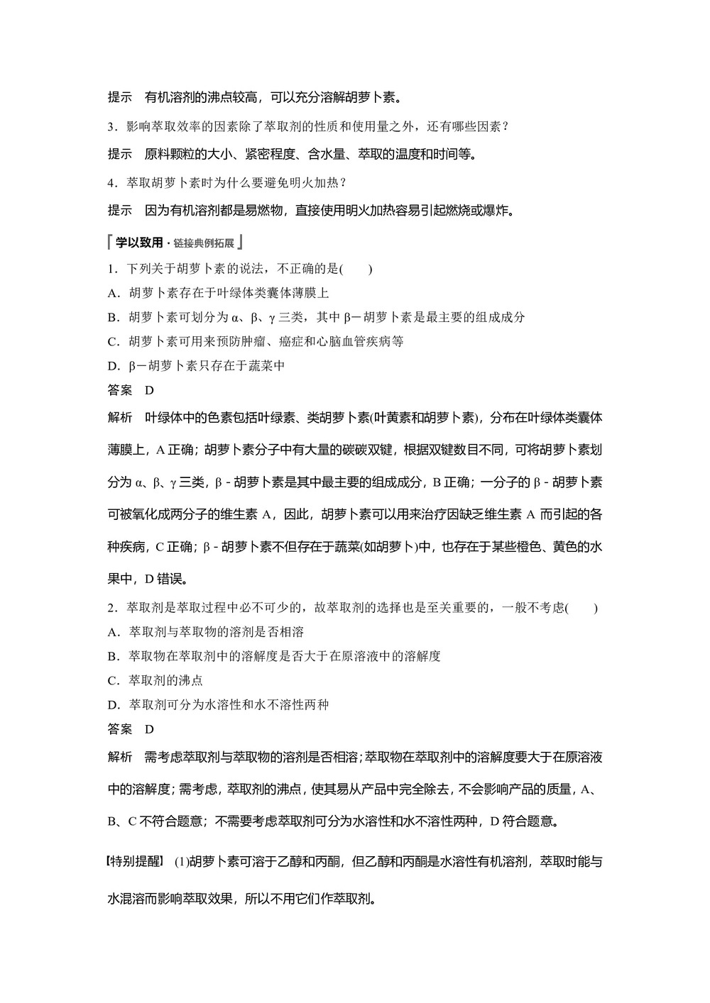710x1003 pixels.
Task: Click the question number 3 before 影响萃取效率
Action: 111,127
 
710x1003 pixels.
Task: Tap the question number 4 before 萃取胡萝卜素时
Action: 111,183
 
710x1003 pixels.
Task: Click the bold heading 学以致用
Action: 139,243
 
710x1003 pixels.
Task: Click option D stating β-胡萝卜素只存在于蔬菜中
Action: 196,366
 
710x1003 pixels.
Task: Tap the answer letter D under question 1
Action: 149,390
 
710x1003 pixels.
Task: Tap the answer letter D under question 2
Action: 149,729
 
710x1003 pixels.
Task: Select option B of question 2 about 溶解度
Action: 274,656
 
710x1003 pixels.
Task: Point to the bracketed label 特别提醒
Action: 135,862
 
